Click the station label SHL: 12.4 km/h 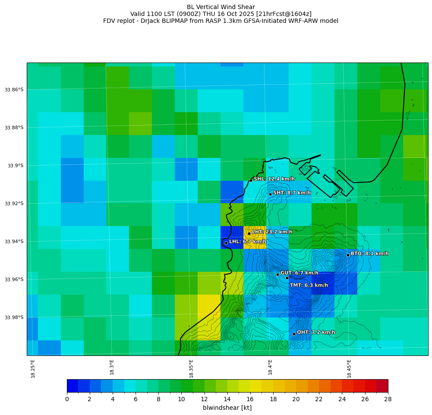[274, 179]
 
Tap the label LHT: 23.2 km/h [272, 232]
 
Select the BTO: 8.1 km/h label [369, 254]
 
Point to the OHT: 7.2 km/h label [316, 332]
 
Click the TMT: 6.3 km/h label [309, 285]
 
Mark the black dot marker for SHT [270, 194]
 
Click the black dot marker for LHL [226, 243]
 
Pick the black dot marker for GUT [277, 274]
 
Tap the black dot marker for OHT [294, 334]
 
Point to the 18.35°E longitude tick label [191, 368]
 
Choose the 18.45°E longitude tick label [349, 368]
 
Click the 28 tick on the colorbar [388, 399]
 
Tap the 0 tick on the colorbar [67, 399]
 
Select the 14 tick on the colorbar [227, 399]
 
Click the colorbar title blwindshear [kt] [227, 408]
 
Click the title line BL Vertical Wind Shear [221, 7]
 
